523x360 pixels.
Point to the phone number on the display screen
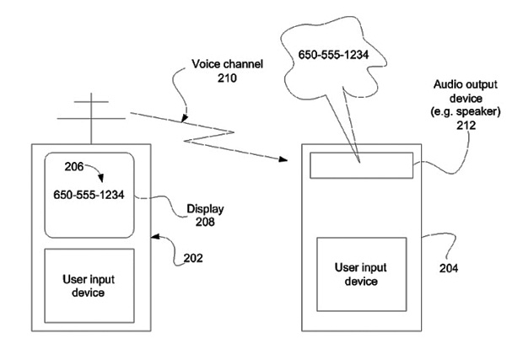(89, 194)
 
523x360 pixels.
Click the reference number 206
(60, 169)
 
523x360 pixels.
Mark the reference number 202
(192, 258)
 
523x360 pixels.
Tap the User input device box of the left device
(89, 286)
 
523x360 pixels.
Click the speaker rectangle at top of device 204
(360, 165)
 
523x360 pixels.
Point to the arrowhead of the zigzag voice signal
(282, 158)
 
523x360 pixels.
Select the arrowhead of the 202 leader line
(154, 238)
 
